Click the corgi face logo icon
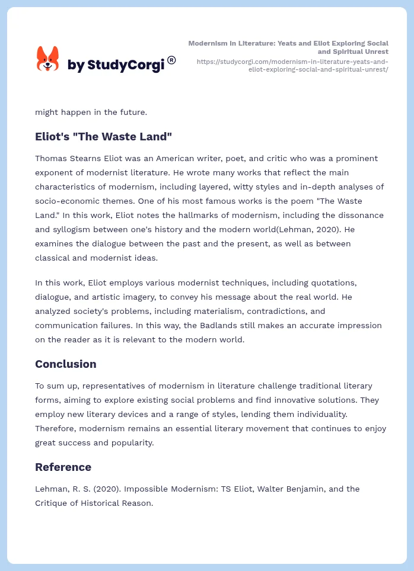point(48,59)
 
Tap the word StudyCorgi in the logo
point(125,65)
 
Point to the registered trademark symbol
point(171,60)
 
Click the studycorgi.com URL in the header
point(292,65)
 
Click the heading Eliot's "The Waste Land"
point(103,137)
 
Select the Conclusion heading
point(65,364)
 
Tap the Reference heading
point(63,467)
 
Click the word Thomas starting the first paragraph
point(52,159)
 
